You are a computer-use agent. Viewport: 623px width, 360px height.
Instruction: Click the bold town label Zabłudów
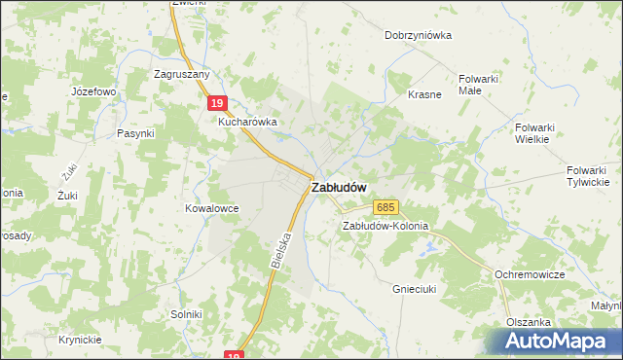click(339, 188)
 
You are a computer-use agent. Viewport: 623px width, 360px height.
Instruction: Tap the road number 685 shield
click(385, 207)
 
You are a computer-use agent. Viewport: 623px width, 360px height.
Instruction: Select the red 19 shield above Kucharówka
click(219, 103)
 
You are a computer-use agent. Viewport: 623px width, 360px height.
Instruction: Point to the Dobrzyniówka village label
click(419, 35)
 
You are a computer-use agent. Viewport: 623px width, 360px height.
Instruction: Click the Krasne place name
click(425, 94)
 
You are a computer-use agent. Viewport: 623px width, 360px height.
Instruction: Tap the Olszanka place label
click(529, 322)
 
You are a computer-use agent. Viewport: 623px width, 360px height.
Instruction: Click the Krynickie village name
click(80, 340)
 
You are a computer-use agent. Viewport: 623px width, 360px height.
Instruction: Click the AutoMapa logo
click(561, 341)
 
